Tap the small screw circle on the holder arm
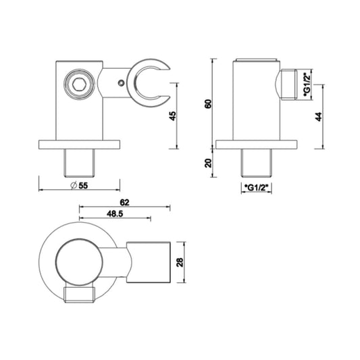point(120,83)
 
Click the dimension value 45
point(172,116)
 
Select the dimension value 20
point(207,162)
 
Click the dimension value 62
point(124,202)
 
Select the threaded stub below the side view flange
point(256,162)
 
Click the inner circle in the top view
point(79,260)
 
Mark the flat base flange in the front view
point(79,144)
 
